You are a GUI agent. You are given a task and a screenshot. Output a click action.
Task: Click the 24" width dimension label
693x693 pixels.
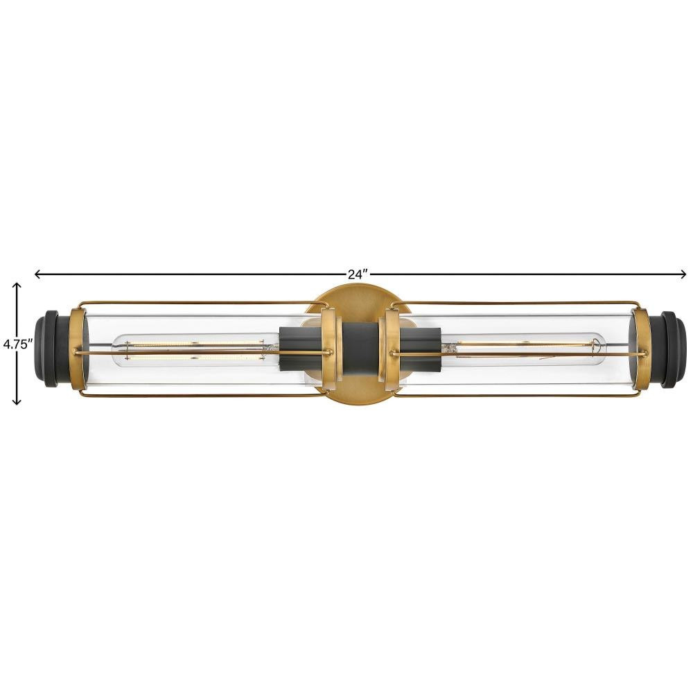click(x=358, y=274)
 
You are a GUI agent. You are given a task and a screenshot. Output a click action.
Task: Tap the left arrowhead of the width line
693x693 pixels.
click(x=38, y=274)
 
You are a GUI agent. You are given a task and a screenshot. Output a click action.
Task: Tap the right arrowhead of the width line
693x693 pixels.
click(x=682, y=274)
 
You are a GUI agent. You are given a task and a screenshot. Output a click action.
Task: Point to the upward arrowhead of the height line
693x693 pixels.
click(x=17, y=286)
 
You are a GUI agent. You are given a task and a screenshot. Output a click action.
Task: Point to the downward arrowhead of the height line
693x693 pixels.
click(x=17, y=401)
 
